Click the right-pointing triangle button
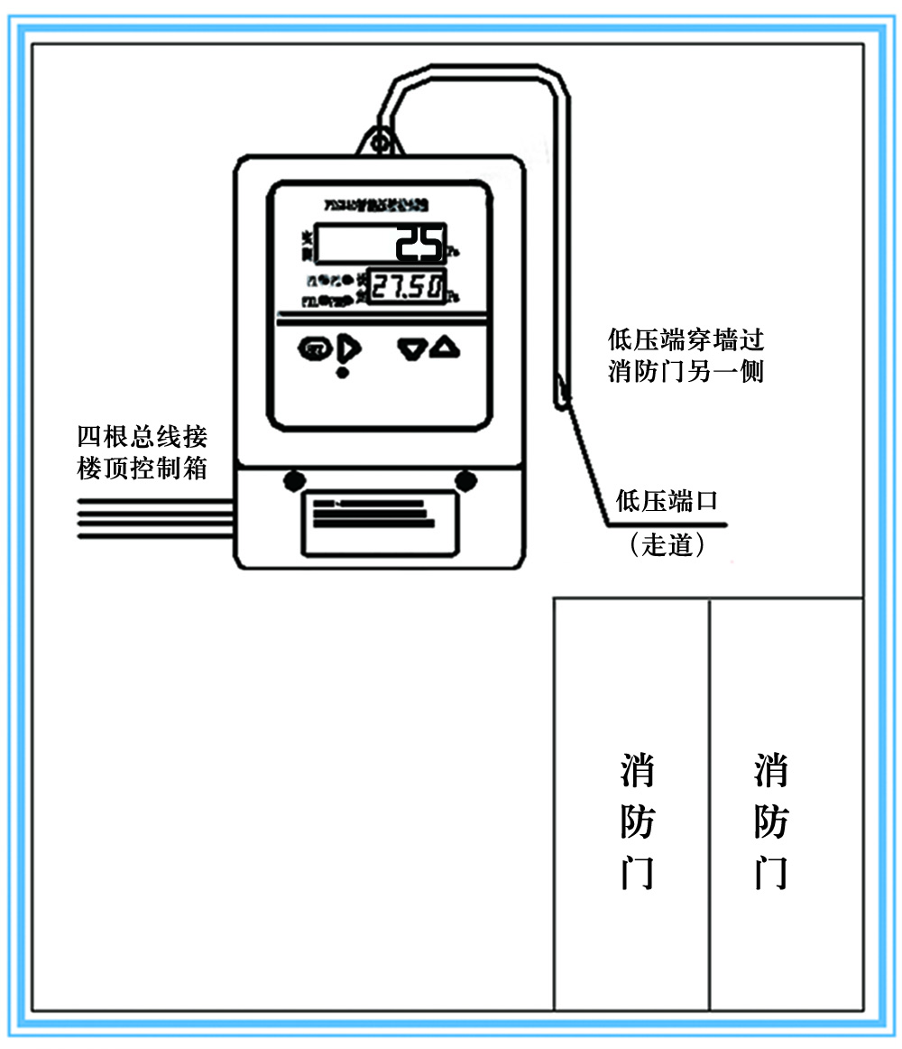tap(349, 348)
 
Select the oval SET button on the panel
tap(315, 348)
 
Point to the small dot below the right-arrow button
tap(342, 372)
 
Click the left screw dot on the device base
tap(293, 479)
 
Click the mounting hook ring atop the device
tap(382, 140)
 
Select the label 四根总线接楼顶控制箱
tap(143, 453)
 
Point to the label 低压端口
tap(667, 501)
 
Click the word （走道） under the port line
tap(667, 545)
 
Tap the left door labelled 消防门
tap(631, 803)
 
